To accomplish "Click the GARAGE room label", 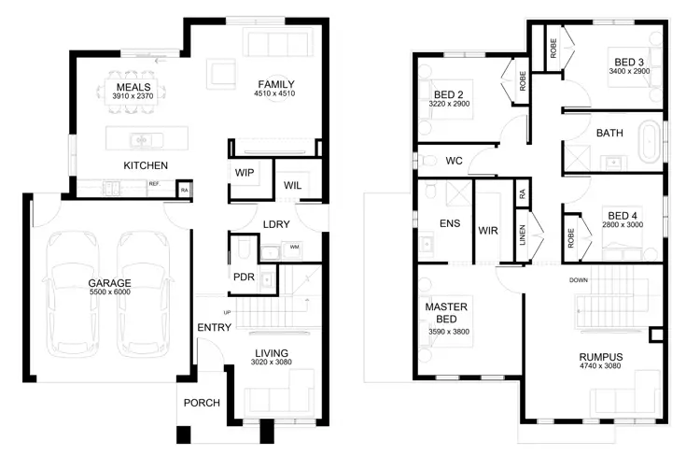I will (109, 282).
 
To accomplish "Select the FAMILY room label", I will (276, 85).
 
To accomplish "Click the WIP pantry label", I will (245, 174).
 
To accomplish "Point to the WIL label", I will (293, 185).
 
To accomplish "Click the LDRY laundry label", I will (276, 224).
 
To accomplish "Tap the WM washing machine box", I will (294, 248).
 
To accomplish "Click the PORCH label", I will (202, 404).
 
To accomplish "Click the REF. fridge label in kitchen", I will (154, 184).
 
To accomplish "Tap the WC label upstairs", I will (454, 161).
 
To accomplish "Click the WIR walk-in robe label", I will (488, 230).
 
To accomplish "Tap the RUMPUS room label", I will (600, 357).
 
